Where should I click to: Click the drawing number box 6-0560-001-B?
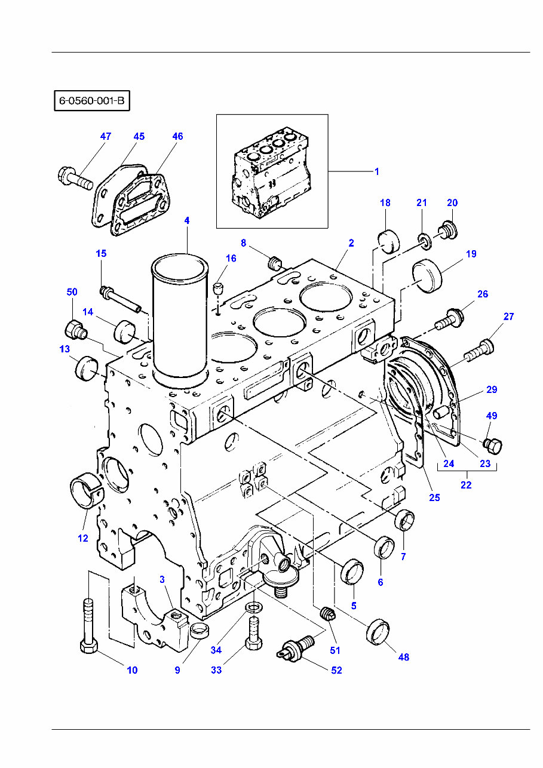tap(91, 101)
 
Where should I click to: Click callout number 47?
tap(105, 136)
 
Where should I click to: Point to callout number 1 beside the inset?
tap(376, 171)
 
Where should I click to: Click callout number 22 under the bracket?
tap(466, 485)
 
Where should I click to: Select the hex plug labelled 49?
tap(494, 445)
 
